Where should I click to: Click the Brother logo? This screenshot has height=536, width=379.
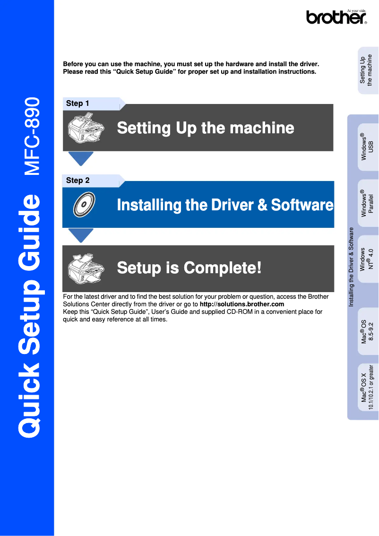(336, 17)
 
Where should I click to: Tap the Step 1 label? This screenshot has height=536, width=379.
(78, 103)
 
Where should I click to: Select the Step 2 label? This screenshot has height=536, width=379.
(78, 180)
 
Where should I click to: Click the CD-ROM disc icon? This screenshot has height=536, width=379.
(84, 204)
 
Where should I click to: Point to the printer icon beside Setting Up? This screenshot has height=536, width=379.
(86, 128)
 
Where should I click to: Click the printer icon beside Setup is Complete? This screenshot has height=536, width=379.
(86, 268)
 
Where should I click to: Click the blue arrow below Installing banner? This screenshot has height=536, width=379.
(81, 235)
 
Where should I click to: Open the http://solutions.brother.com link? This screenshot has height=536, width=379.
(242, 304)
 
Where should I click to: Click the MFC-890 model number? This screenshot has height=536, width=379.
(32, 137)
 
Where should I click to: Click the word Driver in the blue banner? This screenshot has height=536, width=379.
(232, 205)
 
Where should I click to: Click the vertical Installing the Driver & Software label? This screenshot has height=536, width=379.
(351, 267)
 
